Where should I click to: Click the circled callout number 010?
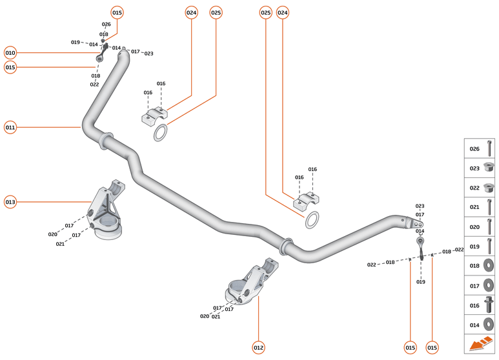[10, 52]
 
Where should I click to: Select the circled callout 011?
[10, 127]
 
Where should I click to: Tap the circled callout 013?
[10, 202]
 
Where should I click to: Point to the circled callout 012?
[258, 348]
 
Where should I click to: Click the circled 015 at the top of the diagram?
[117, 12]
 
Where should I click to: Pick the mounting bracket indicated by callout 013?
[107, 213]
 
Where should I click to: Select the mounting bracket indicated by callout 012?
[254, 284]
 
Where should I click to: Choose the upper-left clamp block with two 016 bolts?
[155, 117]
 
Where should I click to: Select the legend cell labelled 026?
[482, 148]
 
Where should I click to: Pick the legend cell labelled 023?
[482, 168]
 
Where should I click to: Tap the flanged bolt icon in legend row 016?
[489, 305]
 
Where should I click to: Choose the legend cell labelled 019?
[482, 246]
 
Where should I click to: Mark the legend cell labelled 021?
[482, 207]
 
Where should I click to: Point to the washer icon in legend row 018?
[489, 265]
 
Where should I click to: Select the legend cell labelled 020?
[482, 226]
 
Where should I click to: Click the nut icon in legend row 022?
[489, 188]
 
